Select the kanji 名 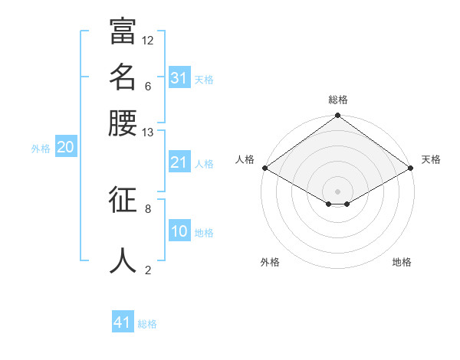(x=123, y=77)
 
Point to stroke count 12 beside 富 (x=148, y=40)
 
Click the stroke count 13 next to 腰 (x=148, y=133)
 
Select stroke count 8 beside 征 (x=148, y=208)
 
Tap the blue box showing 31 (x=179, y=78)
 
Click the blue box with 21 (x=179, y=162)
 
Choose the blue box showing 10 (x=179, y=232)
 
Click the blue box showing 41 (x=123, y=322)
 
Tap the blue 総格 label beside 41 (x=147, y=324)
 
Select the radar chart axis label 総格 (x=338, y=100)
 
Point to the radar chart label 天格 (x=431, y=159)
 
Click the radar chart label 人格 (x=245, y=159)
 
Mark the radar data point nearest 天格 (x=411, y=168)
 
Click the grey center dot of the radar (x=338, y=191)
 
